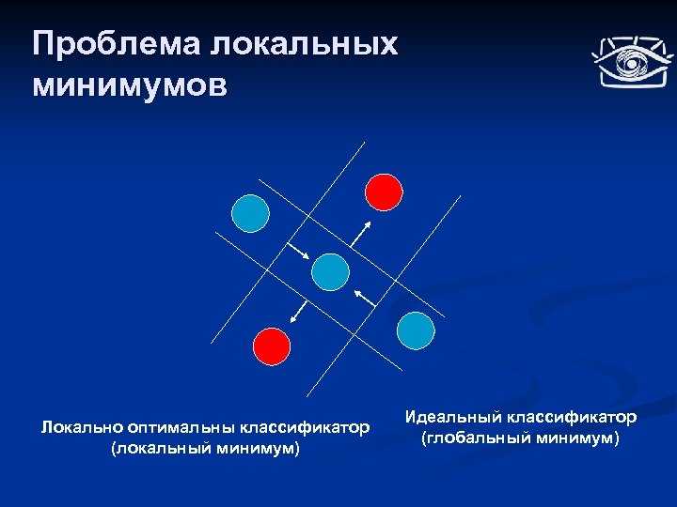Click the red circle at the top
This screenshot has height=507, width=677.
coord(384,191)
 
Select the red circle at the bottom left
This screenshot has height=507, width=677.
coord(272,346)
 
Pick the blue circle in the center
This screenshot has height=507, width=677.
coord(330,271)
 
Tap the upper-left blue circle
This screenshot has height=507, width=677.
coord(251,213)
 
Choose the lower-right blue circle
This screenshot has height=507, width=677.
coord(416,330)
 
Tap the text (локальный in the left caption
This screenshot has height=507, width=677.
coord(154,450)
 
